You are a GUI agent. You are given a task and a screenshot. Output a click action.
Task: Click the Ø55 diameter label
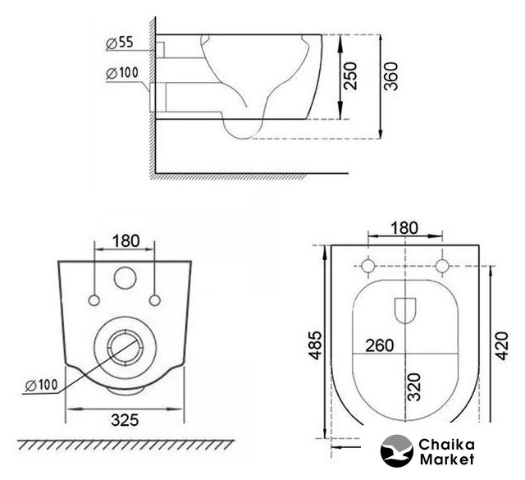coord(120,43)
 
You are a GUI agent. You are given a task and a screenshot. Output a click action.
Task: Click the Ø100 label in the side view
coord(122,73)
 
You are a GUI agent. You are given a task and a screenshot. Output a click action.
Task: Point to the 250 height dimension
coord(351,75)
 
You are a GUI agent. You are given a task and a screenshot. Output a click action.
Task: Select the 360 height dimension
coord(390,76)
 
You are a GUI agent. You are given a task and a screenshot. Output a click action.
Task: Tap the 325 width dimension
coord(125,420)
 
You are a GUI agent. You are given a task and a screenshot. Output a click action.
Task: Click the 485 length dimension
coord(315,345)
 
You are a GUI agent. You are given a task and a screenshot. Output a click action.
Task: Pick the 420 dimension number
coord(501,345)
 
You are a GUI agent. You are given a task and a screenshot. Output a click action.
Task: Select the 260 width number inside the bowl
coord(379,345)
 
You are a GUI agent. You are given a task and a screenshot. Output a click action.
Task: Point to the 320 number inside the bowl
coord(414,387)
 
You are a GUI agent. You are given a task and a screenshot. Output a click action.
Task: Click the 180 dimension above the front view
coord(126,241)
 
